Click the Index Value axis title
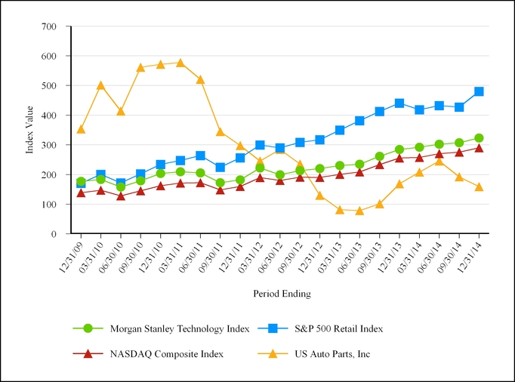(x=30, y=130)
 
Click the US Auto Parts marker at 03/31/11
(x=180, y=63)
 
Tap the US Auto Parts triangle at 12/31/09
(x=81, y=129)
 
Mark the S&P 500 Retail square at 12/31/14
(x=479, y=91)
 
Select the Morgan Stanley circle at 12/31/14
(x=479, y=138)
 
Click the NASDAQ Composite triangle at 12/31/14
(x=479, y=148)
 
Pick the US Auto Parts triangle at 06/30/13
(x=359, y=211)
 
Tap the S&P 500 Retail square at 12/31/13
(x=399, y=103)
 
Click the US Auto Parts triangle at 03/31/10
(x=101, y=85)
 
